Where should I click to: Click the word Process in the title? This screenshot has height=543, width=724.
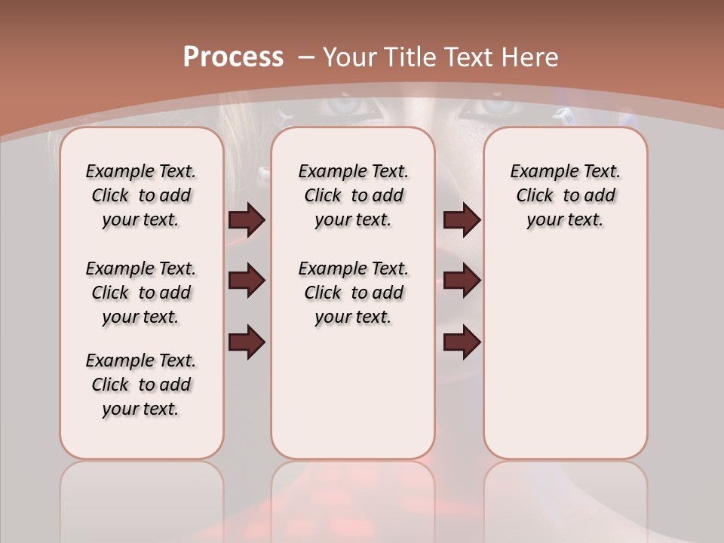click(233, 57)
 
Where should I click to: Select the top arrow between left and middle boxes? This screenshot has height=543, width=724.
click(247, 219)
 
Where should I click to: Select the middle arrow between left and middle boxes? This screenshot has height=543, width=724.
click(247, 281)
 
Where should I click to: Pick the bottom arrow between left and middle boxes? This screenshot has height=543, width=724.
click(247, 342)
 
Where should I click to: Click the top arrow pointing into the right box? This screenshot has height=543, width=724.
click(462, 219)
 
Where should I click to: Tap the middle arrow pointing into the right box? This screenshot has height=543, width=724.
click(462, 281)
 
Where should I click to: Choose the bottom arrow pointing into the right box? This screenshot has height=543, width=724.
click(462, 342)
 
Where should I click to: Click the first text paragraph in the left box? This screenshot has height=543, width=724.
click(141, 195)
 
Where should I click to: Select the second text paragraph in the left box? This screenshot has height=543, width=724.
click(141, 293)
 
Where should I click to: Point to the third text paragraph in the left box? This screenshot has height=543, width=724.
click(141, 385)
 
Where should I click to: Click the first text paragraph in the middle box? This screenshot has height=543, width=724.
click(353, 195)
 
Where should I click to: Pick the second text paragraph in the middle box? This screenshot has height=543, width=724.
click(353, 293)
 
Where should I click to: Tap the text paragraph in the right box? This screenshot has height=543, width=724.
click(566, 195)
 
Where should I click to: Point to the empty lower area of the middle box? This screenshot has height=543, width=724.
click(353, 392)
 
